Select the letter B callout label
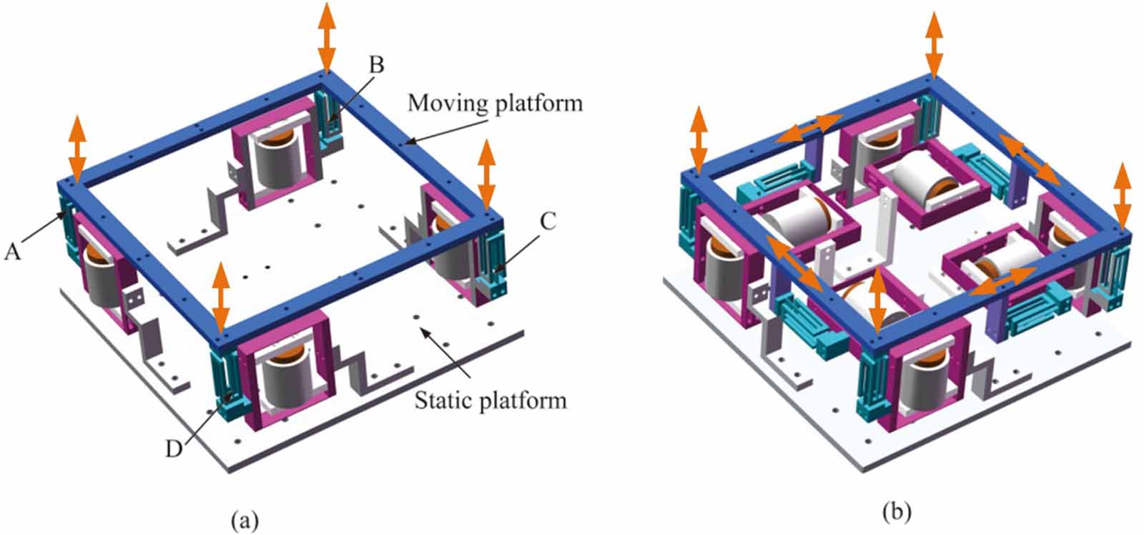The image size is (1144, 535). pos(376,65)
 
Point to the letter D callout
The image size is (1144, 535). pos(174,449)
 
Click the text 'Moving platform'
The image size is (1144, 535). pos(495,104)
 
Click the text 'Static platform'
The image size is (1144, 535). pos(490,400)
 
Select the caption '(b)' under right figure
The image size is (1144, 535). pos(897,512)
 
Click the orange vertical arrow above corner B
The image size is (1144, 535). pos(326,36)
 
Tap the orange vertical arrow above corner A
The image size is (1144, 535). pos(77,147)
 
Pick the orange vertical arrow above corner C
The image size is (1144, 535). pos(486,174)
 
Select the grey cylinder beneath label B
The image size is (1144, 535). pos(276,160)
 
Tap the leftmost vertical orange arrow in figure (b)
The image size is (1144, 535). pos(699,139)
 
